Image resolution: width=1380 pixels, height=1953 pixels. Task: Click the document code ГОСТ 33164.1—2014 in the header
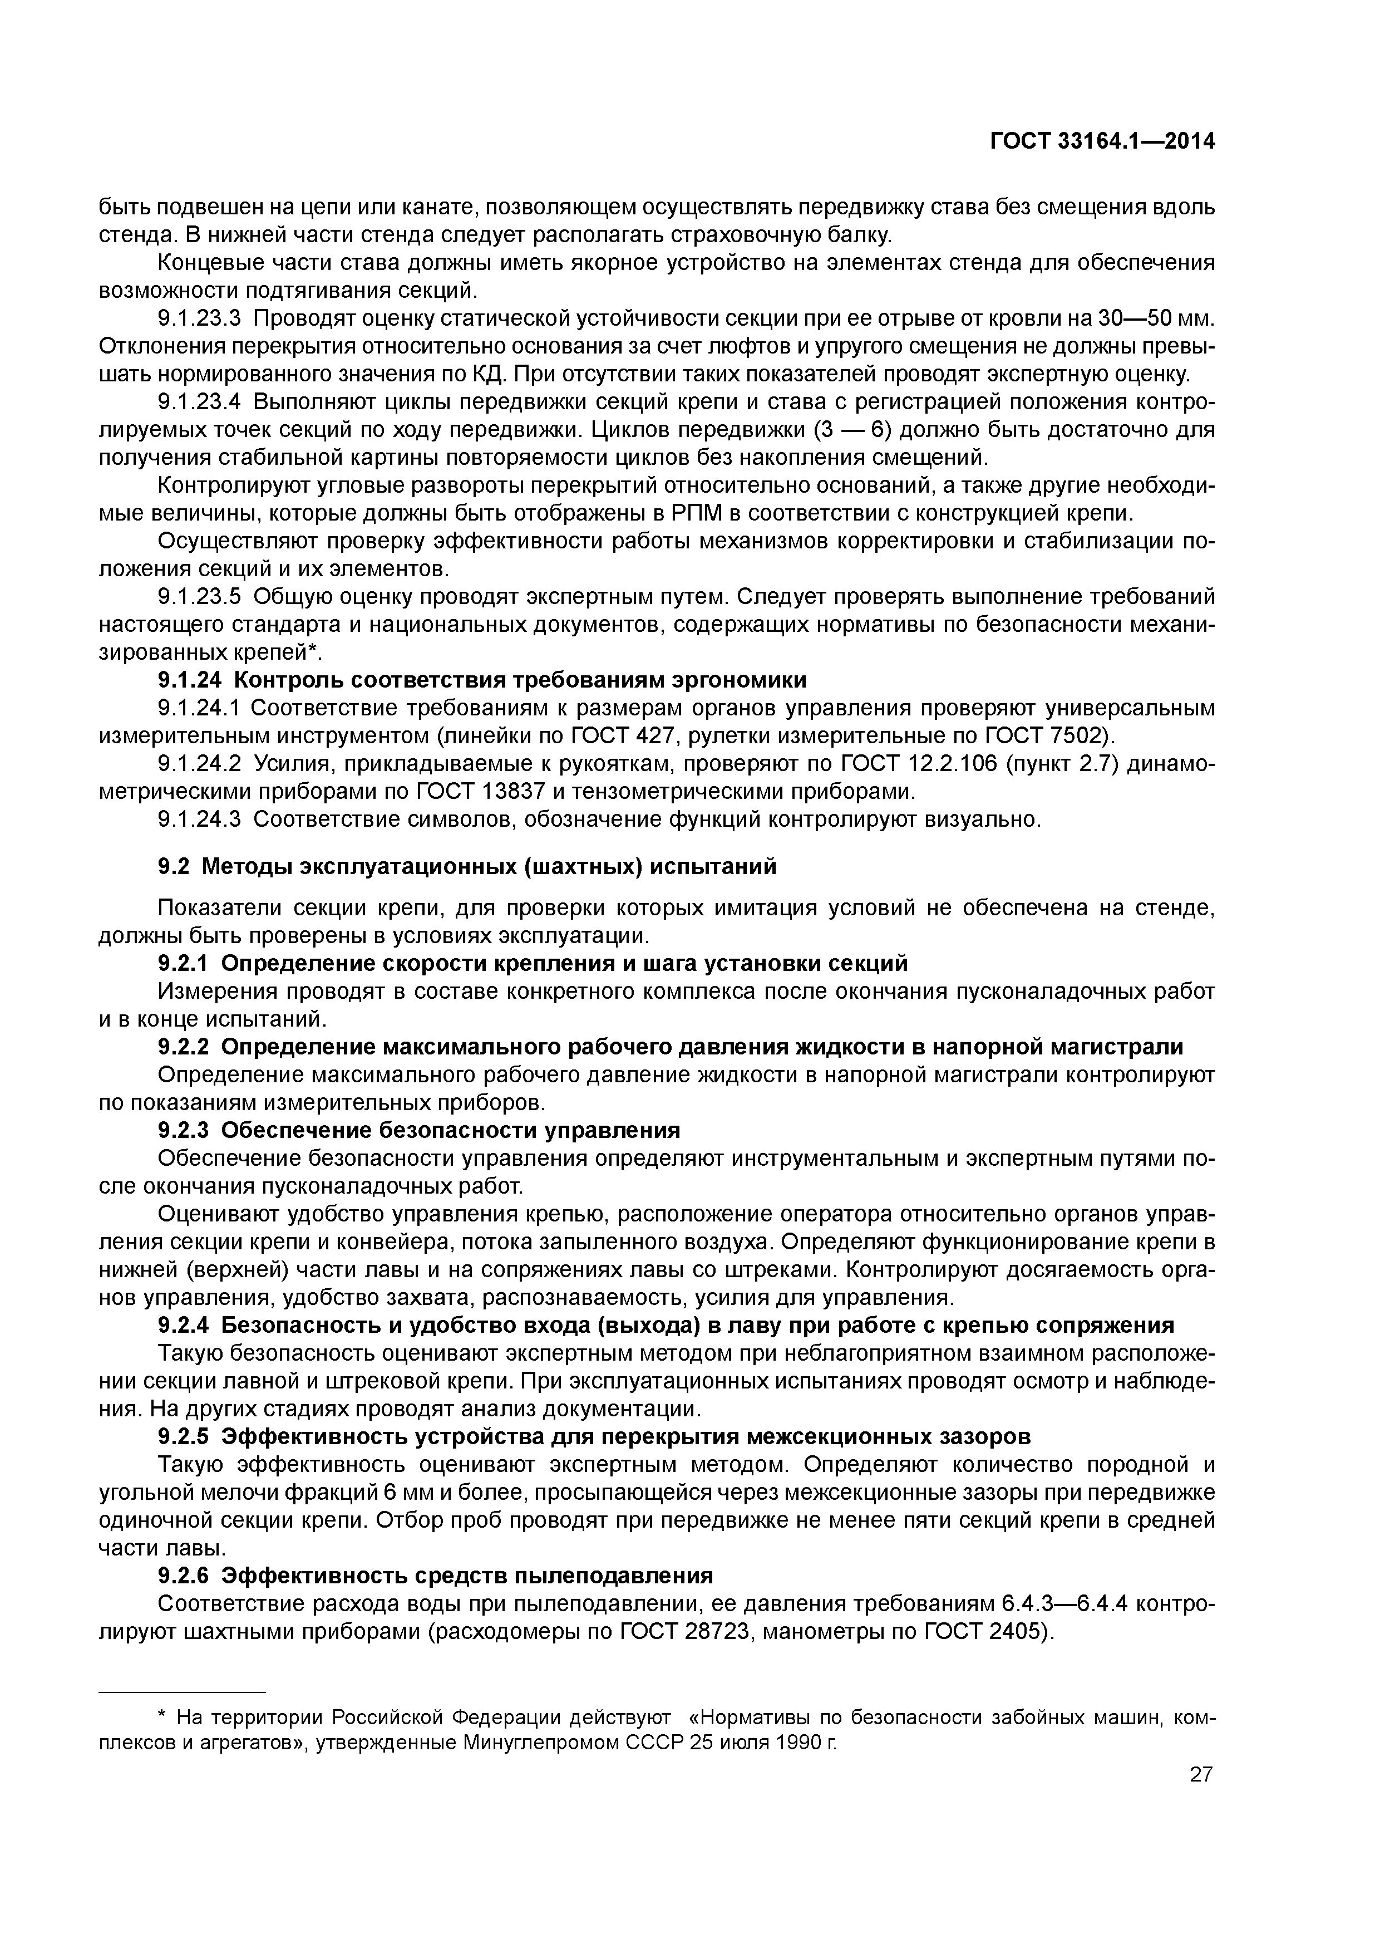[1103, 142]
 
